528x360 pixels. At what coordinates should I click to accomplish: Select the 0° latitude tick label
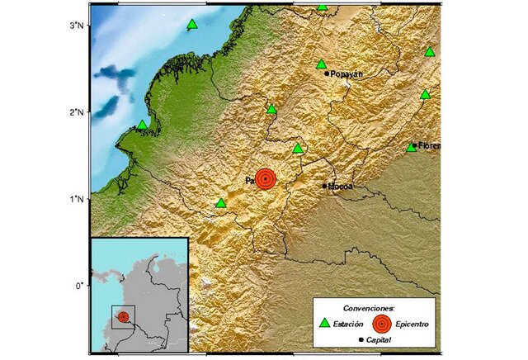pos(80,286)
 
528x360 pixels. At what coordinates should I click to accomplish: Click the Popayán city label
pos(347,73)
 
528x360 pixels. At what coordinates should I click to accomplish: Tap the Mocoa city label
pos(341,187)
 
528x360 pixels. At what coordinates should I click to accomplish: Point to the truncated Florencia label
pos(429,146)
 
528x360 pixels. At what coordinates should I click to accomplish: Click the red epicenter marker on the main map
pos(266,178)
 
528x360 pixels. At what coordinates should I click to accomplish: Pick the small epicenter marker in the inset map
pos(124,316)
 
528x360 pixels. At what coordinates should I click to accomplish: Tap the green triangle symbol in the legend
pos(324,322)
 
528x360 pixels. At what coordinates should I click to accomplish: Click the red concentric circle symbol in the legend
pos(383,323)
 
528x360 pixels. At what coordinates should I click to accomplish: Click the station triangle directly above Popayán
pos(322,64)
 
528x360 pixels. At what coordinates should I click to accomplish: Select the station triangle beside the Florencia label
pos(412,147)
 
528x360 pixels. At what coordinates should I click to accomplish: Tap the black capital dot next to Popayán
pos(328,73)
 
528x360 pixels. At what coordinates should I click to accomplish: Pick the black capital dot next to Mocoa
pos(324,186)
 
